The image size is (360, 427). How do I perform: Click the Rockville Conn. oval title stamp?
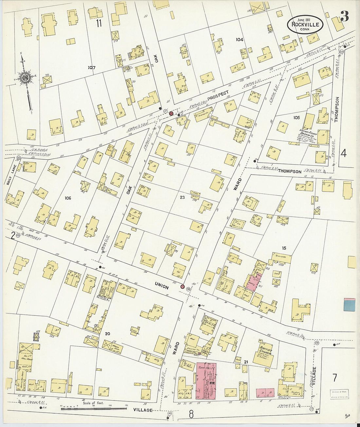coord(305,24)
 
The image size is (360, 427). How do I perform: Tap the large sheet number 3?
coord(344,16)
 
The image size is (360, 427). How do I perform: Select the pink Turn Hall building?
coord(206,381)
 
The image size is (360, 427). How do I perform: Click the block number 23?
coord(182,197)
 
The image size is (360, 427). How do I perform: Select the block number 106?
coord(68,198)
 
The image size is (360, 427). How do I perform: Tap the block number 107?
coord(92,68)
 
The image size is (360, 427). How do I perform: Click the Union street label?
coord(162,287)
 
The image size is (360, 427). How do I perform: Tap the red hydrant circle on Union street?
coord(183,287)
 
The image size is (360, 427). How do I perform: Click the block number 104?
coord(240,40)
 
